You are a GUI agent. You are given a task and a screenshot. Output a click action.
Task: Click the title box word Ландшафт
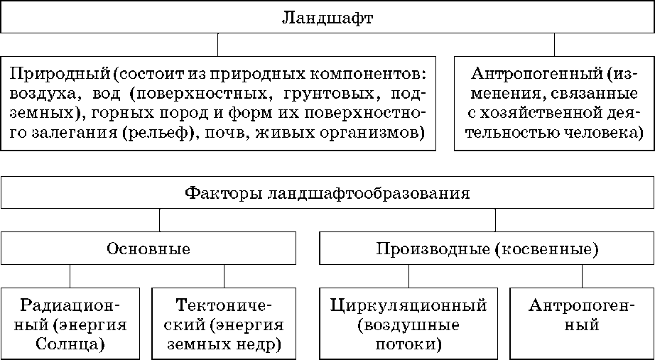pyautogui.click(x=327, y=17)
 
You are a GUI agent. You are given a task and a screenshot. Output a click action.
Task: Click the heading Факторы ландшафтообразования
pyautogui.click(x=327, y=192)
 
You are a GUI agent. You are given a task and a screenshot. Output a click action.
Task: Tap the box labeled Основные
pyautogui.click(x=148, y=249)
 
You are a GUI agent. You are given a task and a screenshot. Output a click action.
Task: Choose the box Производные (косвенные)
pyautogui.click(x=487, y=249)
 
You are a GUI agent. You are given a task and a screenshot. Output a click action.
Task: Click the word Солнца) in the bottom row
pyautogui.click(x=70, y=345)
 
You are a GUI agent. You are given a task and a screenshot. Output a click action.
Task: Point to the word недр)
pyautogui.click(x=256, y=345)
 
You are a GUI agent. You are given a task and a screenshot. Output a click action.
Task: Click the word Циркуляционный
pyautogui.click(x=408, y=306)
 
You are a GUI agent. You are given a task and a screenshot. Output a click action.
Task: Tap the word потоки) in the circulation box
pyautogui.click(x=408, y=345)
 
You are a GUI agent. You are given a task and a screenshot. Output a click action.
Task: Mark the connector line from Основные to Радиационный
pyautogui.click(x=70, y=276)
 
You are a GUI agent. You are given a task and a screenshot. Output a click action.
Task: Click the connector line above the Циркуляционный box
pyautogui.click(x=408, y=276)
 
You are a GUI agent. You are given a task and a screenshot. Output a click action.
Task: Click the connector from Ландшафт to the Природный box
pyautogui.click(x=218, y=44)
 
